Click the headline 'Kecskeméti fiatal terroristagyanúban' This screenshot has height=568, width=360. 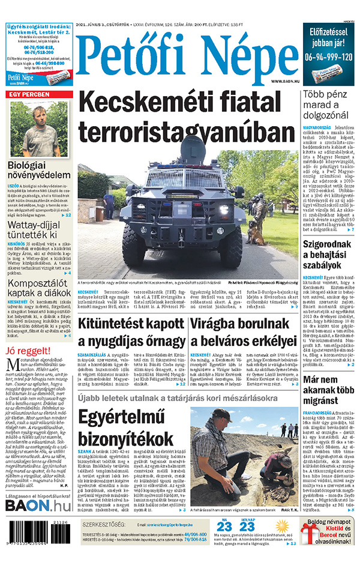[187, 118]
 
